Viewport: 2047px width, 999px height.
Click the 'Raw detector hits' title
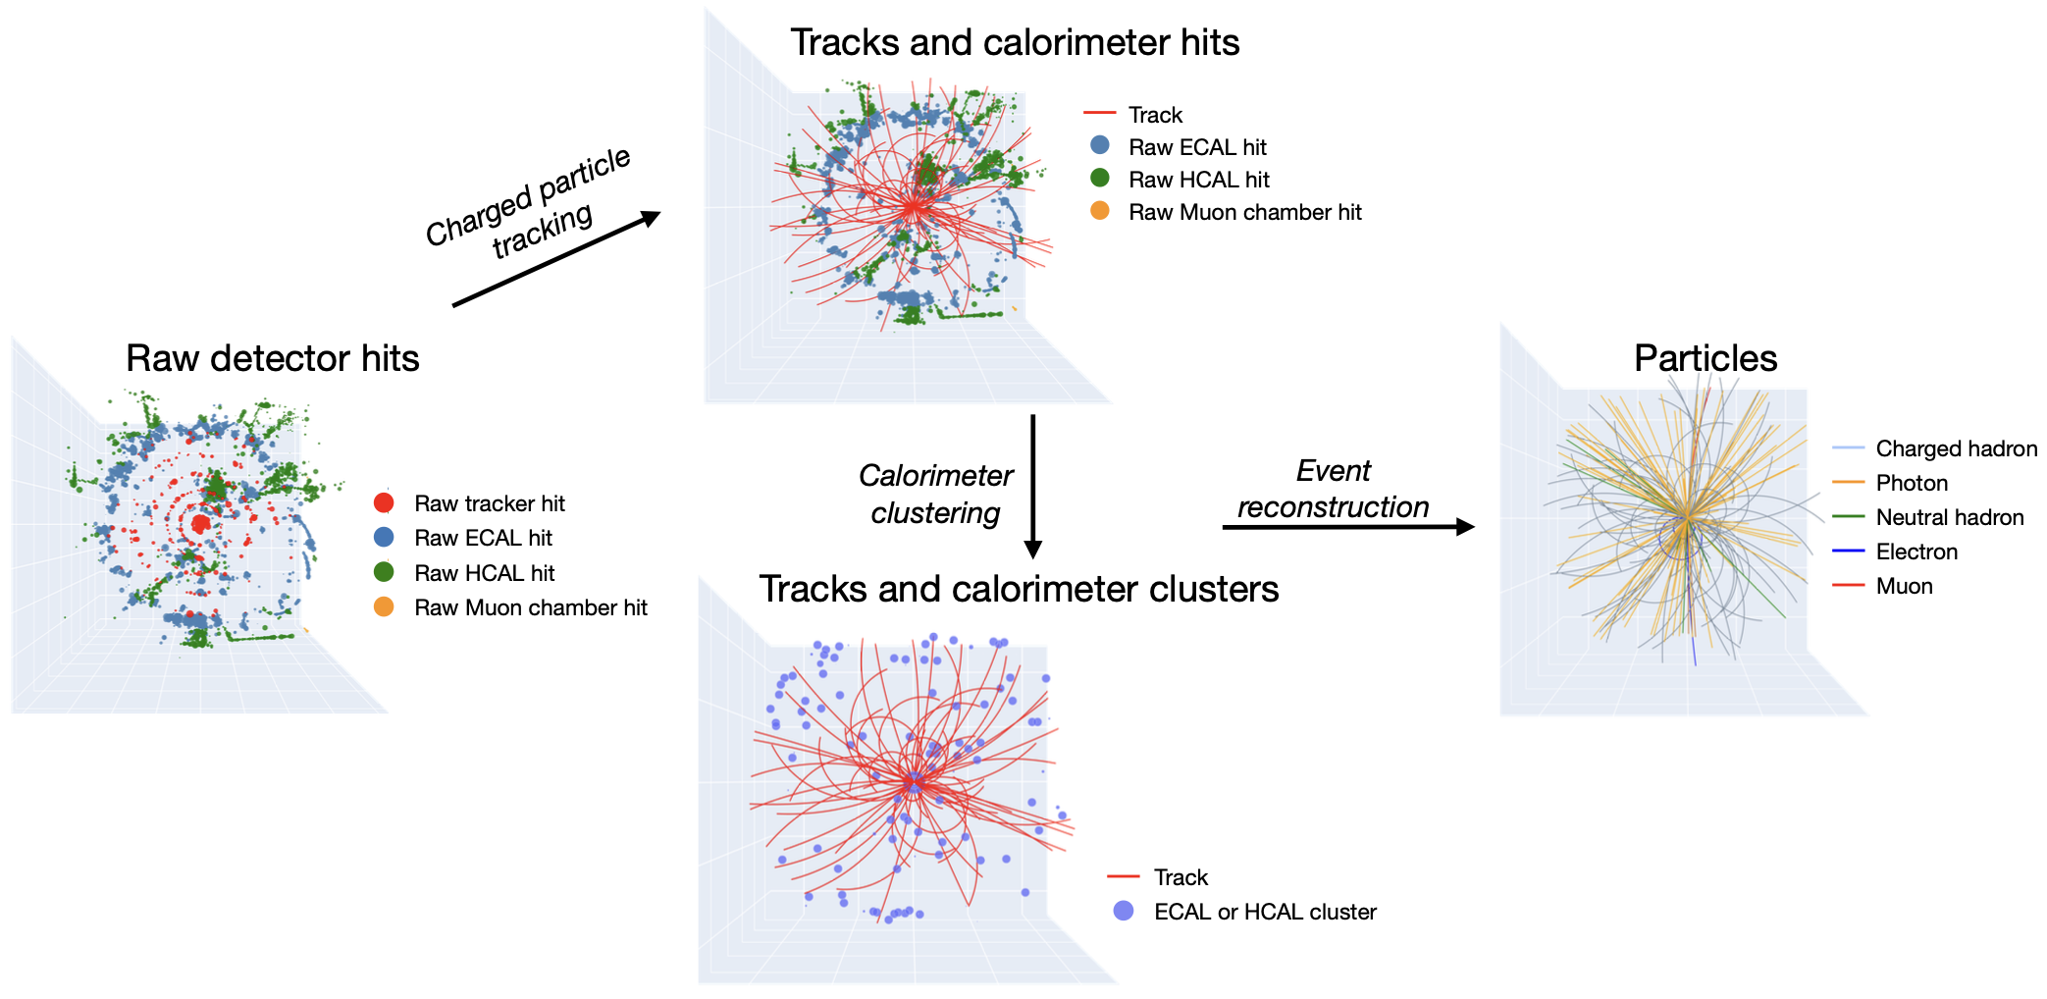tap(272, 359)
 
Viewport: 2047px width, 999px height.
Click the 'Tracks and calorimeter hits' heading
tap(1015, 43)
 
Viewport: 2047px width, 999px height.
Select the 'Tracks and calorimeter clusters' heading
tap(1019, 590)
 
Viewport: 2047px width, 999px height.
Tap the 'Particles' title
tap(1705, 359)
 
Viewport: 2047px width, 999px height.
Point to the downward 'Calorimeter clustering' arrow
tap(1032, 486)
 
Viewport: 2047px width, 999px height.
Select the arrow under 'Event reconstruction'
tap(1347, 527)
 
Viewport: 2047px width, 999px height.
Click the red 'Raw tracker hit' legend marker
tap(384, 503)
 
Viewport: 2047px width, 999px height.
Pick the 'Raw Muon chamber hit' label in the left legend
tap(531, 608)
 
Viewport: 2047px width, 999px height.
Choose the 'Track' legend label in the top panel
tap(1155, 116)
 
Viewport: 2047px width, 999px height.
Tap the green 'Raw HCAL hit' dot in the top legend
tap(1100, 179)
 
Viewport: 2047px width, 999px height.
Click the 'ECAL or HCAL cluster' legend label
tap(1265, 913)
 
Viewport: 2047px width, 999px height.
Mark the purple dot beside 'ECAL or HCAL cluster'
tap(1124, 912)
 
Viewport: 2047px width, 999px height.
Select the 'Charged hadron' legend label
tap(1956, 449)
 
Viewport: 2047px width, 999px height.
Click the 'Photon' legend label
tap(1912, 484)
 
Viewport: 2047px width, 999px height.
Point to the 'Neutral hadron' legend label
tap(1949, 518)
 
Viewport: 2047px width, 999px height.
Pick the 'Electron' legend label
tap(1916, 552)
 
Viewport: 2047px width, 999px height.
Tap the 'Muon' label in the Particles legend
tap(1904, 587)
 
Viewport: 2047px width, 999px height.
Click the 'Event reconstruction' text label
tap(1333, 489)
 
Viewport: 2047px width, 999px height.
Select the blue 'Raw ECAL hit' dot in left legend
tap(384, 538)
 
